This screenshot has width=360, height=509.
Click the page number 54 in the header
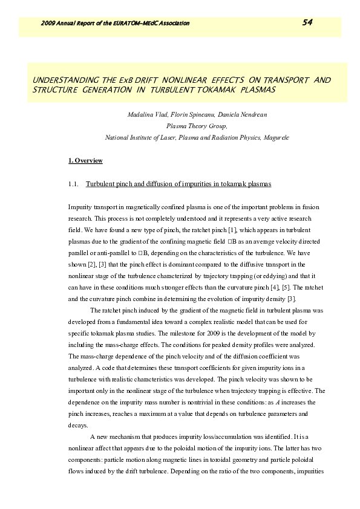click(307, 23)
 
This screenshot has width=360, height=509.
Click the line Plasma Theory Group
click(197, 126)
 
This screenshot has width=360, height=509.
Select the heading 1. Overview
click(85, 160)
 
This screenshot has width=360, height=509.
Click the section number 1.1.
click(74, 183)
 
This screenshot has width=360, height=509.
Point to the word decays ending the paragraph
click(77, 424)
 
